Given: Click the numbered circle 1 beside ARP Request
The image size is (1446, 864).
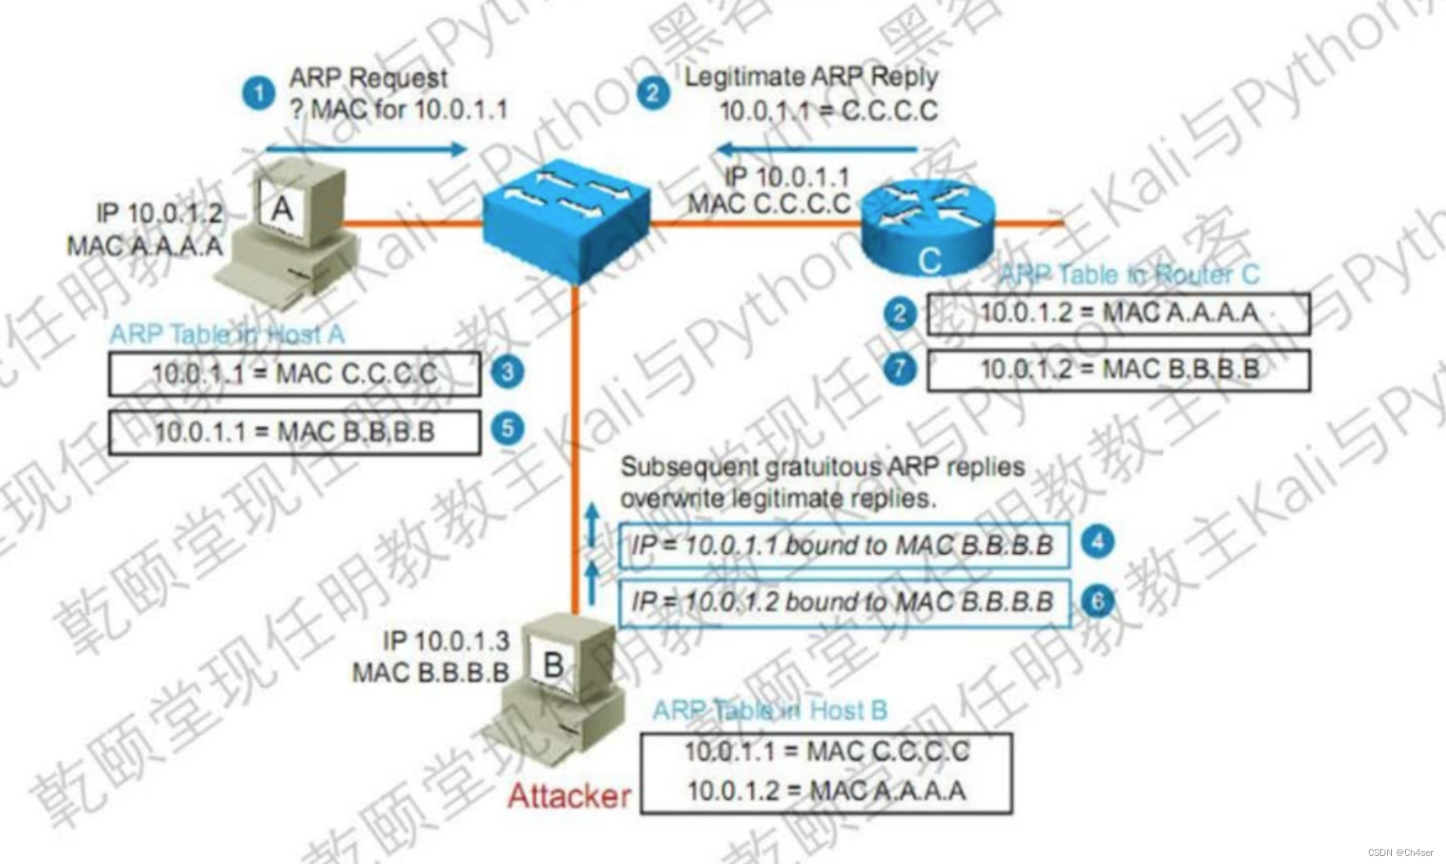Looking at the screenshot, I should (258, 94).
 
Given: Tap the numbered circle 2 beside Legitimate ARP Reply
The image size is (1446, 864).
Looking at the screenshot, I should (653, 93).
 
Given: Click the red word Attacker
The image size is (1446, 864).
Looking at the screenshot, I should (569, 796).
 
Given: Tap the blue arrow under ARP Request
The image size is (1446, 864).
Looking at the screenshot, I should (366, 149).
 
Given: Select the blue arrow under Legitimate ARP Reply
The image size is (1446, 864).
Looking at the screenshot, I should (817, 149).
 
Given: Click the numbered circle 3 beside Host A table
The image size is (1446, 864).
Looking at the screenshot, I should (508, 372).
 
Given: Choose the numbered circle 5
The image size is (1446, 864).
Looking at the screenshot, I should (508, 428).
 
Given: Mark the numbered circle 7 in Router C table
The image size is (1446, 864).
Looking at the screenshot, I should (900, 368).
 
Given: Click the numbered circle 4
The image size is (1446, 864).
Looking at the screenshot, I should (1097, 542).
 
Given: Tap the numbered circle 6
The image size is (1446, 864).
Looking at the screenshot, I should (1097, 601).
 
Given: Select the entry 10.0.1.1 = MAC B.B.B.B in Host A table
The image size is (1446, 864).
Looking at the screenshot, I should (294, 432).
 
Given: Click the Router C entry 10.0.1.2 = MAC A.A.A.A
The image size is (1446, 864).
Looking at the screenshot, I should (1119, 313).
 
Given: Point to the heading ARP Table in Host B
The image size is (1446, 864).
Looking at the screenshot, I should (769, 711).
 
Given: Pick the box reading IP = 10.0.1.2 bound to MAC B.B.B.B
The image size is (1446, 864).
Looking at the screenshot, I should (844, 602).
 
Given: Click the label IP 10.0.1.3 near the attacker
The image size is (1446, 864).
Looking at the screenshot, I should (445, 641).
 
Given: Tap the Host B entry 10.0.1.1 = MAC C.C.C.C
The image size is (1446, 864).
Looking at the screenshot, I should (826, 752).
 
